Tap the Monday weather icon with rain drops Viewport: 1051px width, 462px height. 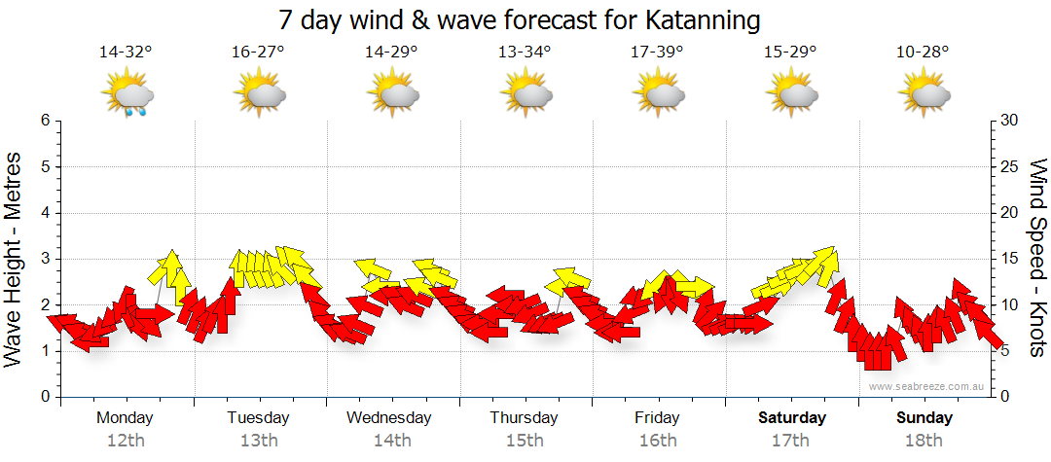click(127, 96)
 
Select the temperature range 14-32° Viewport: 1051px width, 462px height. click(126, 53)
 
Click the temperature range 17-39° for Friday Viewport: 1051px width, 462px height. click(658, 53)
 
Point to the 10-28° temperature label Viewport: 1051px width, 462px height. click(923, 53)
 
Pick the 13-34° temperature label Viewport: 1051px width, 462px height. click(525, 53)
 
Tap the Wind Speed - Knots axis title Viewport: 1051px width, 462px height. click(1037, 258)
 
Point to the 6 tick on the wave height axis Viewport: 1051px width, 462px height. click(45, 121)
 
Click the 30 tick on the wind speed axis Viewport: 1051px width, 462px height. click(1010, 121)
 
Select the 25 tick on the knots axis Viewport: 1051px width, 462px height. click(1010, 166)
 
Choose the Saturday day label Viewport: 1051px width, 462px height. click(791, 418)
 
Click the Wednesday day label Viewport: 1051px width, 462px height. click(389, 418)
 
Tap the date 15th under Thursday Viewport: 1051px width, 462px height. click(525, 440)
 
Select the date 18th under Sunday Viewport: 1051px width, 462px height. click(924, 440)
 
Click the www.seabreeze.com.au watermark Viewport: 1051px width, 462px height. click(927, 386)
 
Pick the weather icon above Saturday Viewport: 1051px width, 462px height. click(791, 95)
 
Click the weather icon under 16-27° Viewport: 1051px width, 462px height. click(259, 95)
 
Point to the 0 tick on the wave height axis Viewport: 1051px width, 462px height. click(45, 397)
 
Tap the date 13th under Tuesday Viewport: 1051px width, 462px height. click(259, 440)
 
